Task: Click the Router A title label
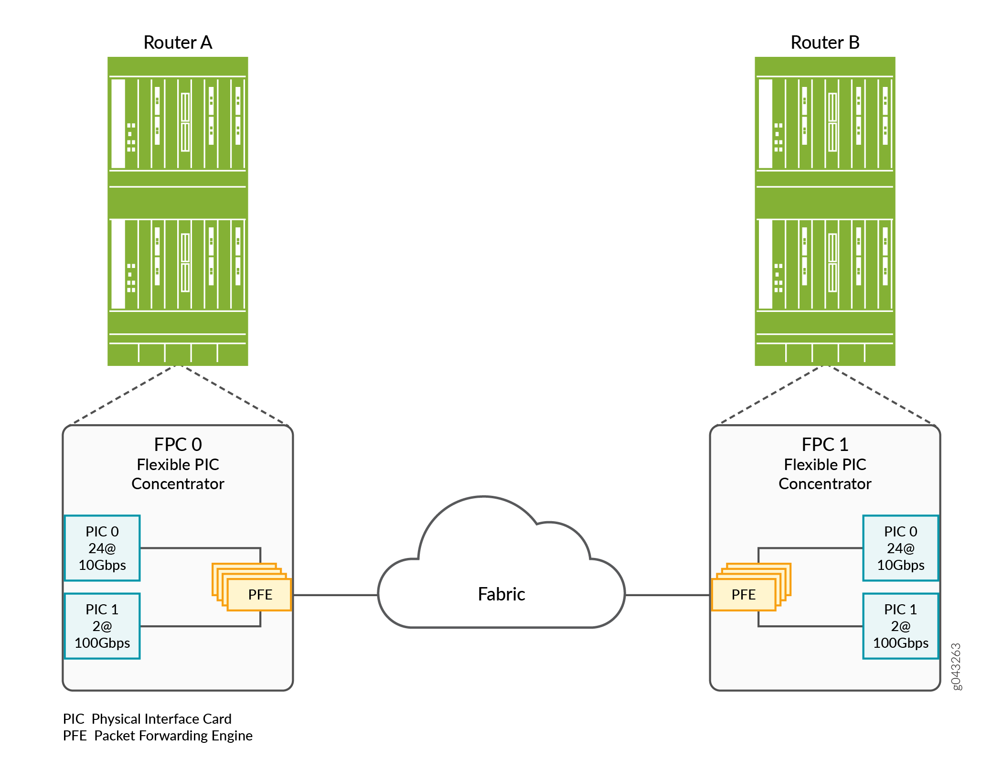coord(178,43)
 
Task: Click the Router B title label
coord(825,43)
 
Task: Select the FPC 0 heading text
coord(178,445)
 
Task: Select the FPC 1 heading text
coord(825,445)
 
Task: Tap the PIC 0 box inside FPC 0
coord(102,548)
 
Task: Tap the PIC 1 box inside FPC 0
coord(102,626)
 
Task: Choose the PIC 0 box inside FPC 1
coord(900,548)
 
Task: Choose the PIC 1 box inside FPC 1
coord(900,626)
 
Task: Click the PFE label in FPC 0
coord(260,595)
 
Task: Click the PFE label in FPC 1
coord(744,595)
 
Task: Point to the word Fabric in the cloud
coord(501,594)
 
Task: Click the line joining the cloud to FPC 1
coord(667,595)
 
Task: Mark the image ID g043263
coord(956,666)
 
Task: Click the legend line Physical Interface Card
coord(147,719)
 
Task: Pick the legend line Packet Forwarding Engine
coord(158,736)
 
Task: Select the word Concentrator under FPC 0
coord(178,484)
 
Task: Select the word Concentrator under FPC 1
coord(825,484)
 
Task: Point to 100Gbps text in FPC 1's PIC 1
coord(900,643)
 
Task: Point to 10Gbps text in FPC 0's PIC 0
coord(102,565)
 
